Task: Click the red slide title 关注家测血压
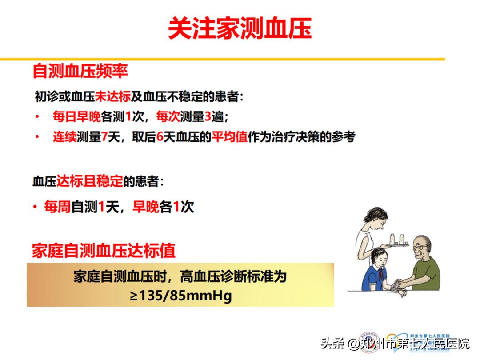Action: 240,29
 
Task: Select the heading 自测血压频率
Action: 80,71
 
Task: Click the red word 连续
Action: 65,137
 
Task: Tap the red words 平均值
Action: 229,137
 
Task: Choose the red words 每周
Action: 57,207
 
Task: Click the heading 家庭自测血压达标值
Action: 104,251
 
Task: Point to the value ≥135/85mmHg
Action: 181,296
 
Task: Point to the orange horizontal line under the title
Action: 222,59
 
